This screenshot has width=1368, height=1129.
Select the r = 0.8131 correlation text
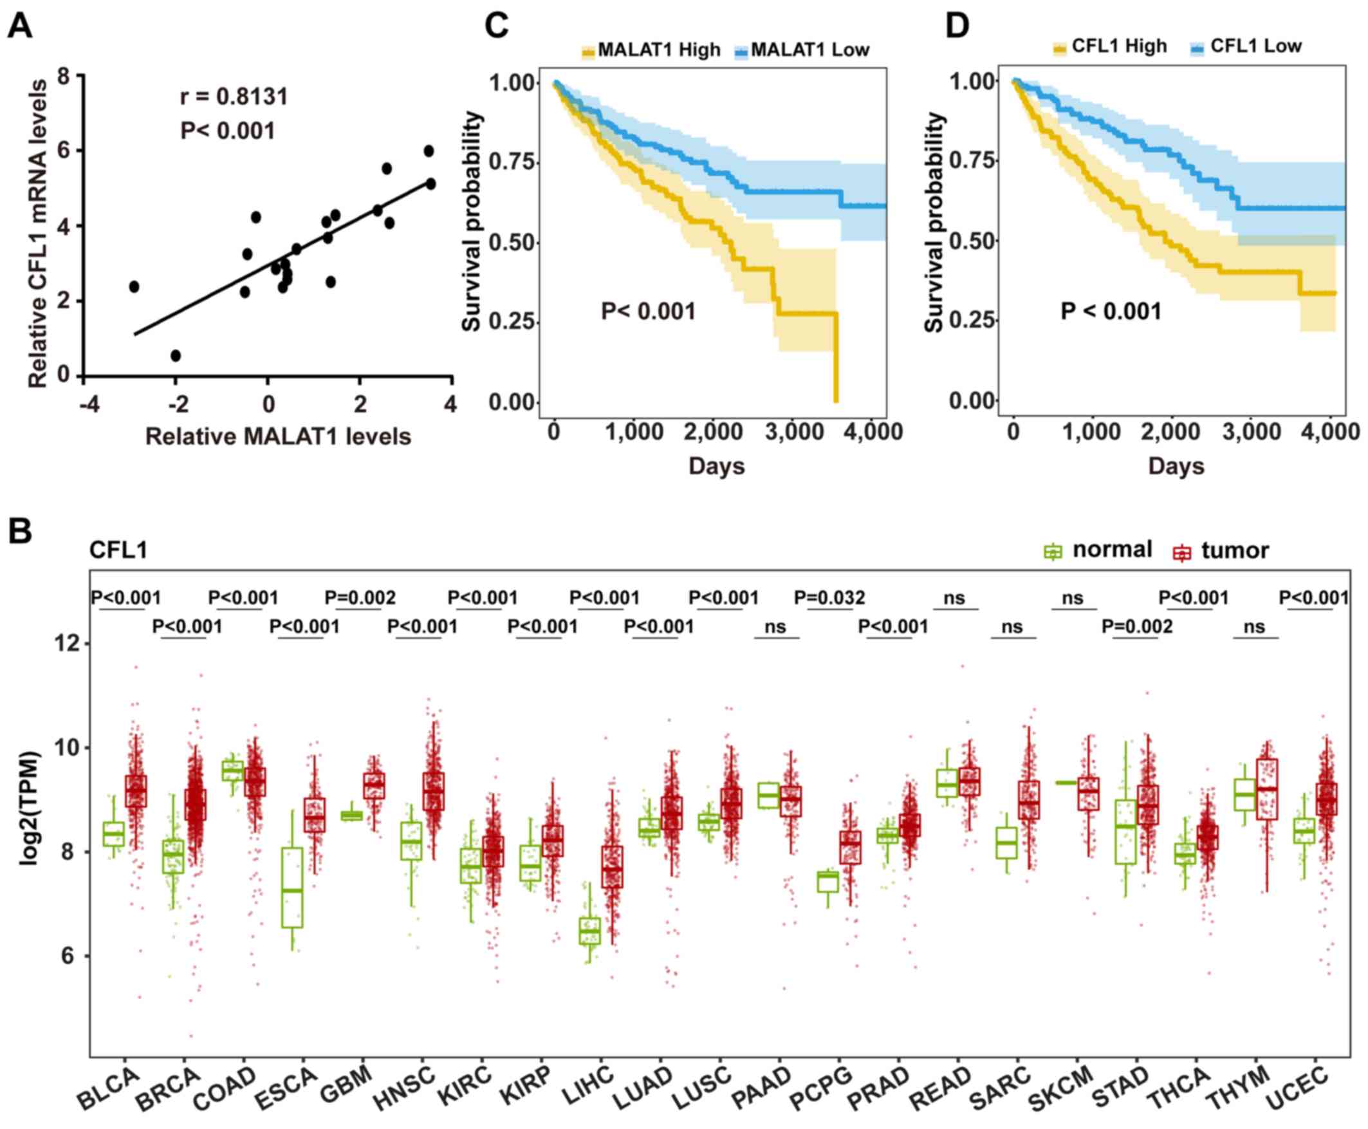pos(234,97)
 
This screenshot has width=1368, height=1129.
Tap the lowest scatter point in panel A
pos(176,356)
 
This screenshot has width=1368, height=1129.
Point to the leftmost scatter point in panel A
pos(134,287)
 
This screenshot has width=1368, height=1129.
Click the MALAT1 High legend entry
pos(651,50)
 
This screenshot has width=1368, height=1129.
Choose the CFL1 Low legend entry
pos(1246,47)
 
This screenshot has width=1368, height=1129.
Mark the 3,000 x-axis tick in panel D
pos(1252,432)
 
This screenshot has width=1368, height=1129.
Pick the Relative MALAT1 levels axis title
pos(278,436)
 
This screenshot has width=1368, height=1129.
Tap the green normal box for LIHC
pos(589,931)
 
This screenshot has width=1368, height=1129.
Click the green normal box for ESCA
pos(292,887)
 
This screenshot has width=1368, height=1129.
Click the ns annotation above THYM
pos(1254,627)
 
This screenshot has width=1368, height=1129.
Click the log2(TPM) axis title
pos(29,808)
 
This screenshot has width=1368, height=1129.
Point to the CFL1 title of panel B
pos(118,550)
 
